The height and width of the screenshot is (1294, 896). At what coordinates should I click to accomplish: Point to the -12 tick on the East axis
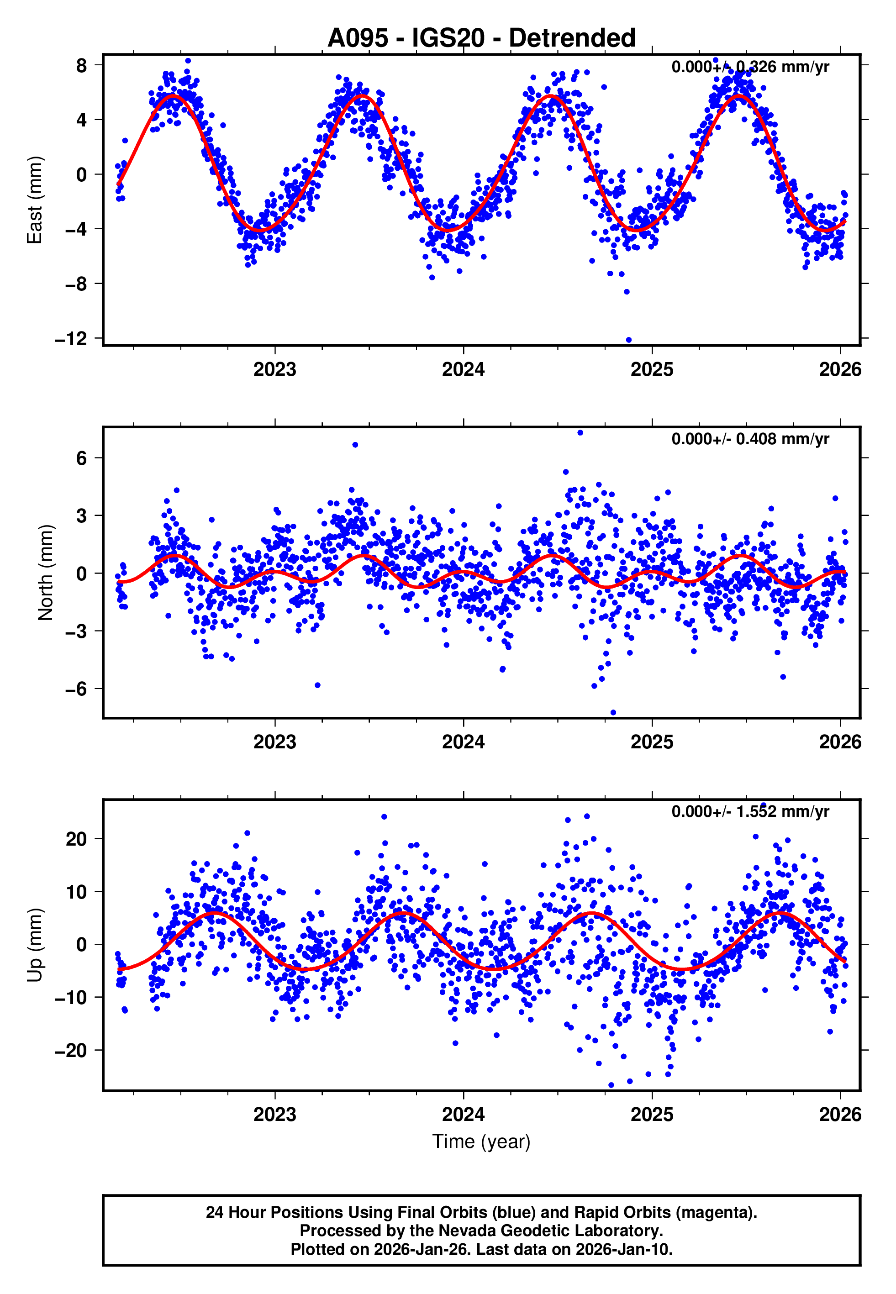click(71, 338)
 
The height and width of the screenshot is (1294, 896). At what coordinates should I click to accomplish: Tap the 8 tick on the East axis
click(82, 65)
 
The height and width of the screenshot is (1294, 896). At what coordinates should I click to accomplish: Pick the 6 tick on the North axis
click(82, 458)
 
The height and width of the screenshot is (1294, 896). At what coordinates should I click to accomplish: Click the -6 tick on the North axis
click(76, 689)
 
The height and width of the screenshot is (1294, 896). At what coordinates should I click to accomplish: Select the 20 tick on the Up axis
click(76, 839)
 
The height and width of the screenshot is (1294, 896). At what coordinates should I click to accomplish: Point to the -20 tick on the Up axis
click(71, 1050)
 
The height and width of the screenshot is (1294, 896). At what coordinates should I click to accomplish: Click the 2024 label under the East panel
click(463, 369)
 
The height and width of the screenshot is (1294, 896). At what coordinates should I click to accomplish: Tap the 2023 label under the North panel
click(274, 742)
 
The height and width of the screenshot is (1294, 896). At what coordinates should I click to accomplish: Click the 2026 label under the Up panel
click(840, 1114)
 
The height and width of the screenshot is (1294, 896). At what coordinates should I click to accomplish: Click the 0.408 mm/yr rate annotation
click(781, 439)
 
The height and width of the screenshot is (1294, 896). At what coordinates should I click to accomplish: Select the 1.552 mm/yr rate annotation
click(781, 811)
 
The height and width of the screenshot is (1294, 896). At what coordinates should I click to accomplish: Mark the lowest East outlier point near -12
click(629, 340)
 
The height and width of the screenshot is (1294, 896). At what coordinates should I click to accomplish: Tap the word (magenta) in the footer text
click(716, 1212)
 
